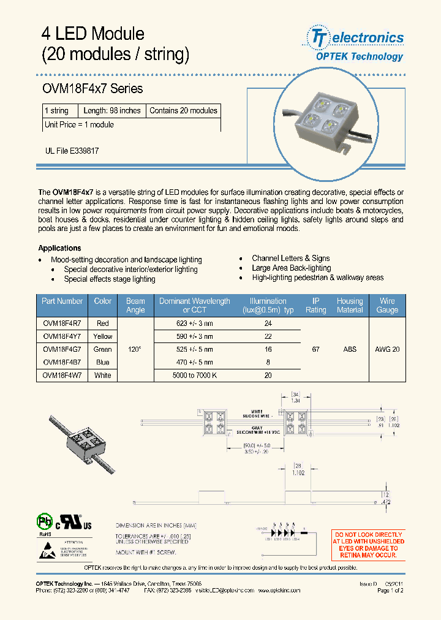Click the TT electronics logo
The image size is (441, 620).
[356, 44]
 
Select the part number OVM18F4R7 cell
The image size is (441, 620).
[62, 323]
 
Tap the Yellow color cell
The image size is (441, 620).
[103, 336]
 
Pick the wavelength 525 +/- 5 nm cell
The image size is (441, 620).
[194, 349]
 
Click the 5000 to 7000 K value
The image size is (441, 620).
[194, 375]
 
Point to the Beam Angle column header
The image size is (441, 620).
[135, 305]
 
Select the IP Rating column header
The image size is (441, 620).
[315, 305]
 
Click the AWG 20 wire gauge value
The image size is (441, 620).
[387, 349]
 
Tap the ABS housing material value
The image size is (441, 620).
[350, 349]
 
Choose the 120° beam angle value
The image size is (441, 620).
[135, 349]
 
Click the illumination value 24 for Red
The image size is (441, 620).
[268, 323]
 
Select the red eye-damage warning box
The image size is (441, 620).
[368, 545]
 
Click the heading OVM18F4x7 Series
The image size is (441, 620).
[92, 89]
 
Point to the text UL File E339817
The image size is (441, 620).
[72, 150]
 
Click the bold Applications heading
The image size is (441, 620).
[59, 248]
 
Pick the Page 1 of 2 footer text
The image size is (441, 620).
[390, 591]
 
